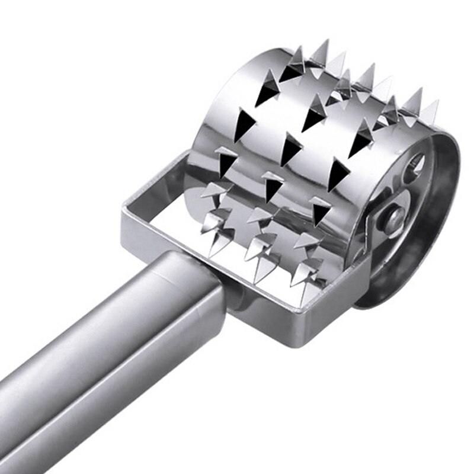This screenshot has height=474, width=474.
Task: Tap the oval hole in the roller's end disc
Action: point(417,165)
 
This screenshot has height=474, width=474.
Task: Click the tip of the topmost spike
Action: point(325,41)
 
